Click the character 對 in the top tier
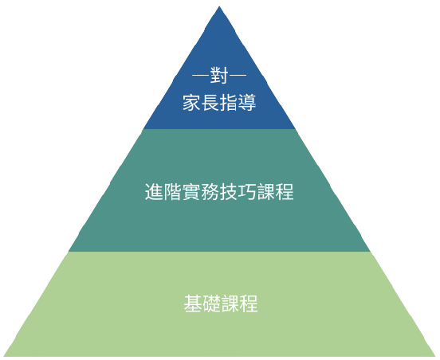click(x=219, y=75)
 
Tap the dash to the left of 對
click(x=201, y=75)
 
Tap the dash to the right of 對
click(x=238, y=75)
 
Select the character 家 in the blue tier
click(x=191, y=103)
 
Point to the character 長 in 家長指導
click(x=210, y=103)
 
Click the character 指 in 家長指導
click(x=229, y=103)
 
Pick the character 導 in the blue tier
click(x=247, y=103)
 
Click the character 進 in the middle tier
click(x=154, y=192)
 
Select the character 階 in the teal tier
click(x=173, y=192)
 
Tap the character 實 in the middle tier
click(x=191, y=192)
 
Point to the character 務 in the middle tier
click(x=210, y=192)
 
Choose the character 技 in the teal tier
click(x=229, y=192)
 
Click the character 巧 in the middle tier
click(x=247, y=192)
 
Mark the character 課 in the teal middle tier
click(x=265, y=192)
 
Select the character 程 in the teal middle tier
click(x=285, y=192)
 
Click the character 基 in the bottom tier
click(x=193, y=303)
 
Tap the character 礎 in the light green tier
click(x=211, y=303)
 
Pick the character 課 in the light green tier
click(x=230, y=303)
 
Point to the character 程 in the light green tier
click(x=249, y=303)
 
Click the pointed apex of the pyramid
click(x=219, y=6)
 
